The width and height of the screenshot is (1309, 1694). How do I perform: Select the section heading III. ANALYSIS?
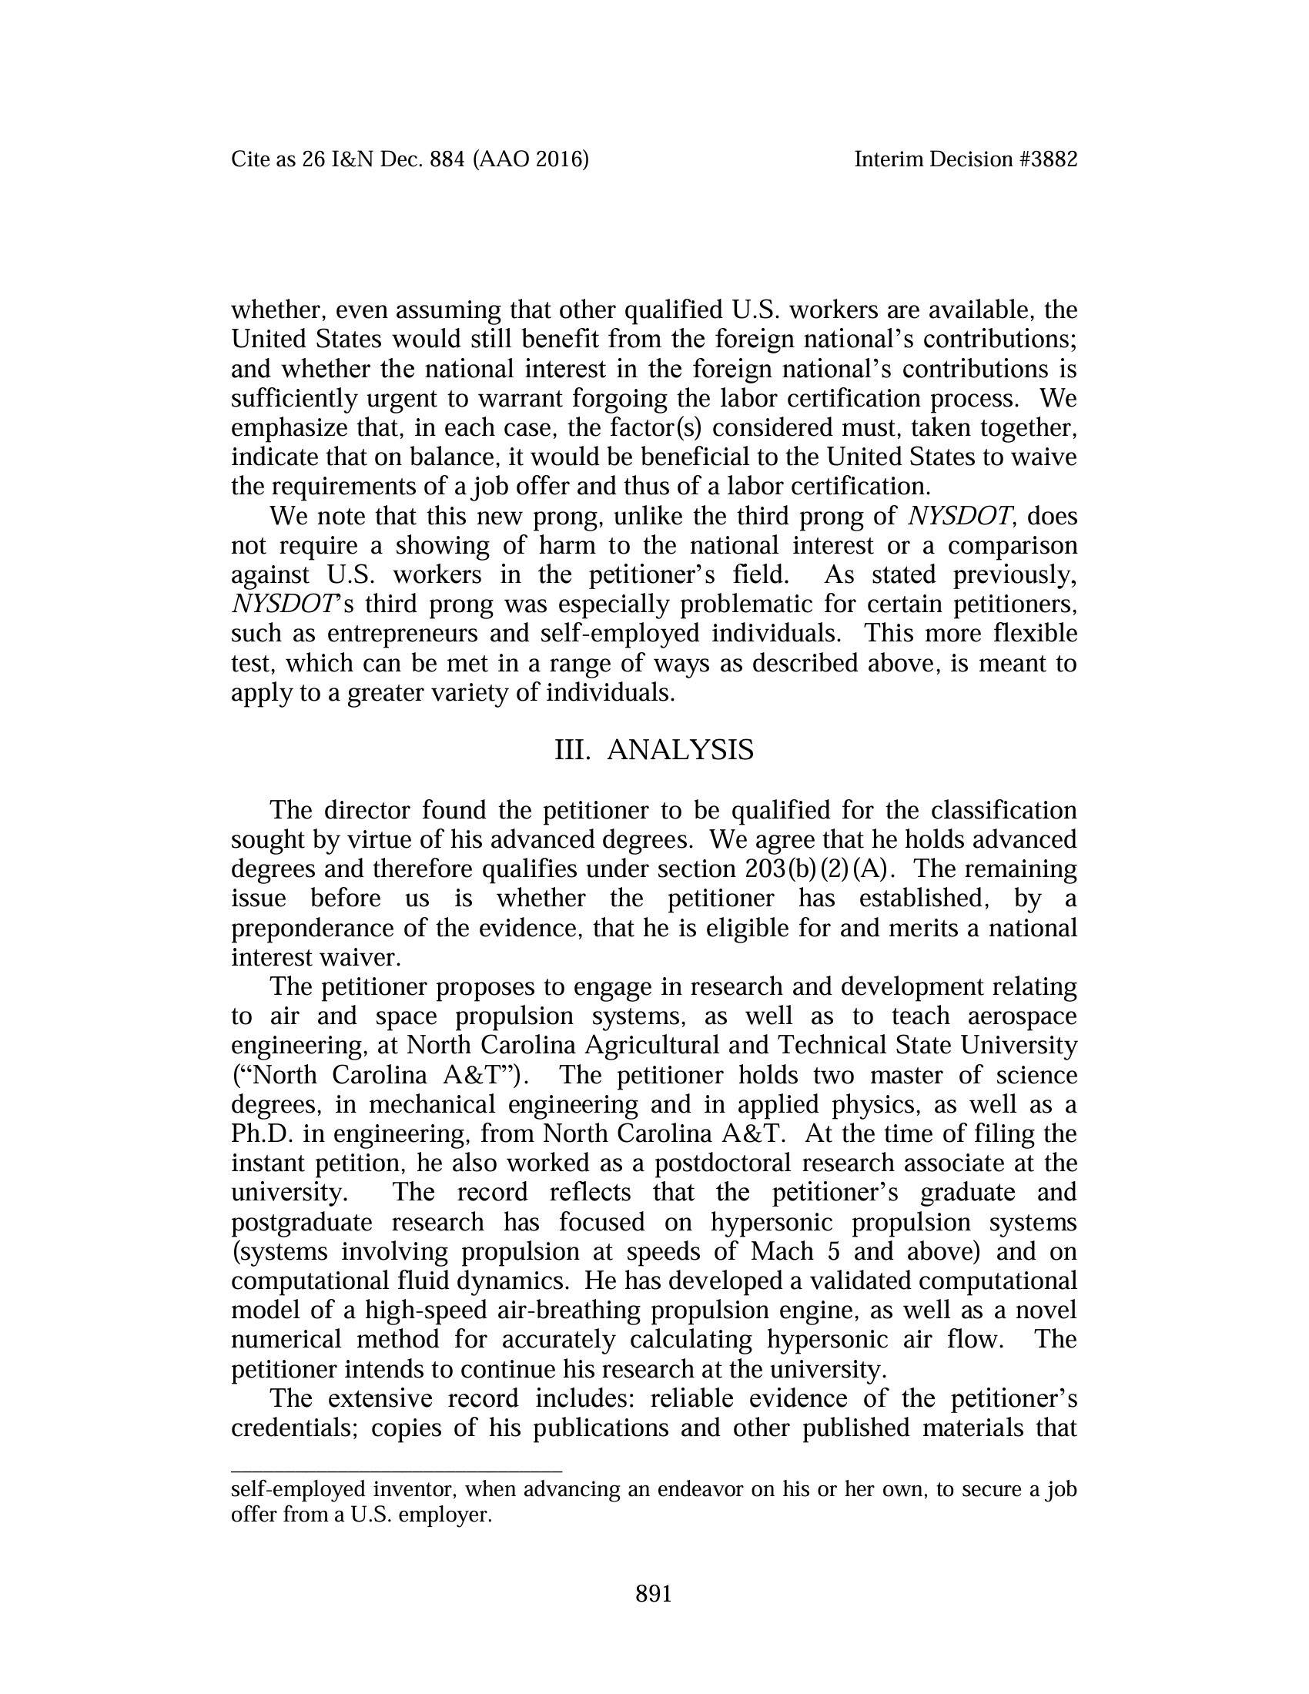[x=654, y=751]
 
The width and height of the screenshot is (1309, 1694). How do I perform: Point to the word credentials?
[x=292, y=1428]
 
